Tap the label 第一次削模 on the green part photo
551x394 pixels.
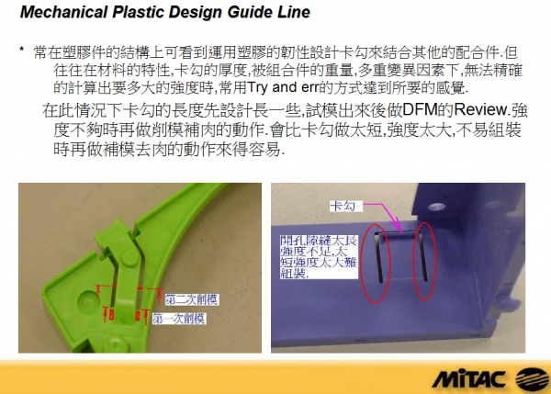tap(178, 318)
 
